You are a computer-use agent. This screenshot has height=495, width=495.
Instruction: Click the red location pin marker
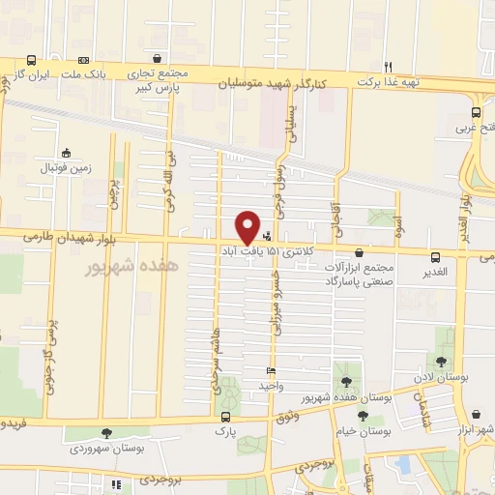248,226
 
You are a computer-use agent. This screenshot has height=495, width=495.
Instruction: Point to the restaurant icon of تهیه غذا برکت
389,66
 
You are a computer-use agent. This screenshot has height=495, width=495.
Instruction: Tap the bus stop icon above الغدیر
436,257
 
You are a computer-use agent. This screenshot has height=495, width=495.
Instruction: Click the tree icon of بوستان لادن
441,363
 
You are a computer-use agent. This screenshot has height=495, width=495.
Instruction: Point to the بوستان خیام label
360,432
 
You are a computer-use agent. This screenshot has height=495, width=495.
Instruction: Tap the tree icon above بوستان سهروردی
106,433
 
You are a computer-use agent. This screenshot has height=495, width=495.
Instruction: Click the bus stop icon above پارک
224,419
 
